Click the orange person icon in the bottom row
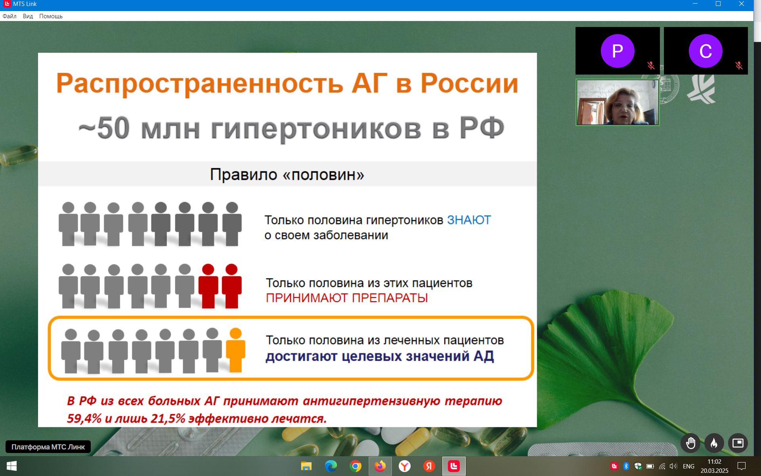235,350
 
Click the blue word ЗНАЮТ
469,220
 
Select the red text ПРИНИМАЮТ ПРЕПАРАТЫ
347,298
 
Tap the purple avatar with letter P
618,51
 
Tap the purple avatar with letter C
706,51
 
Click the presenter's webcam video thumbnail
618,102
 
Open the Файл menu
10,16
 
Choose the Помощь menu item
51,16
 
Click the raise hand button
690,443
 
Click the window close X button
741,4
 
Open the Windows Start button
11,466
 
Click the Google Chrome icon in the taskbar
356,466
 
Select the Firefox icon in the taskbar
380,466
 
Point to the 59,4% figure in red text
84,418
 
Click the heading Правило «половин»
287,175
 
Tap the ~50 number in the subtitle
104,128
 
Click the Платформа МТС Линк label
48,447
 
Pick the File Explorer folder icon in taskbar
306,466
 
